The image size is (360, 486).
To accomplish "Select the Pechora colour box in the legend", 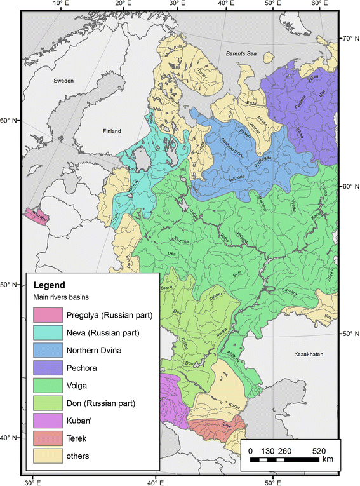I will [x=47, y=367].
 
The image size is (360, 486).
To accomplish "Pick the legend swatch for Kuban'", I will [x=47, y=420].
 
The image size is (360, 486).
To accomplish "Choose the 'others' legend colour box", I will [x=47, y=455].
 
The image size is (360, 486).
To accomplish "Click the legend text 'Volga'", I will [x=77, y=385].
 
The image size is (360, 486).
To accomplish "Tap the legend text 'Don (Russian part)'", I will [x=100, y=402].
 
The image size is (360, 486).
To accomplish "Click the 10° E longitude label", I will [x=59, y=5].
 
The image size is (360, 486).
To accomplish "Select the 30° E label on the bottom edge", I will [x=32, y=481].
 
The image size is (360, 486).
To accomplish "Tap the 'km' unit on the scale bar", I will [x=327, y=459].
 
